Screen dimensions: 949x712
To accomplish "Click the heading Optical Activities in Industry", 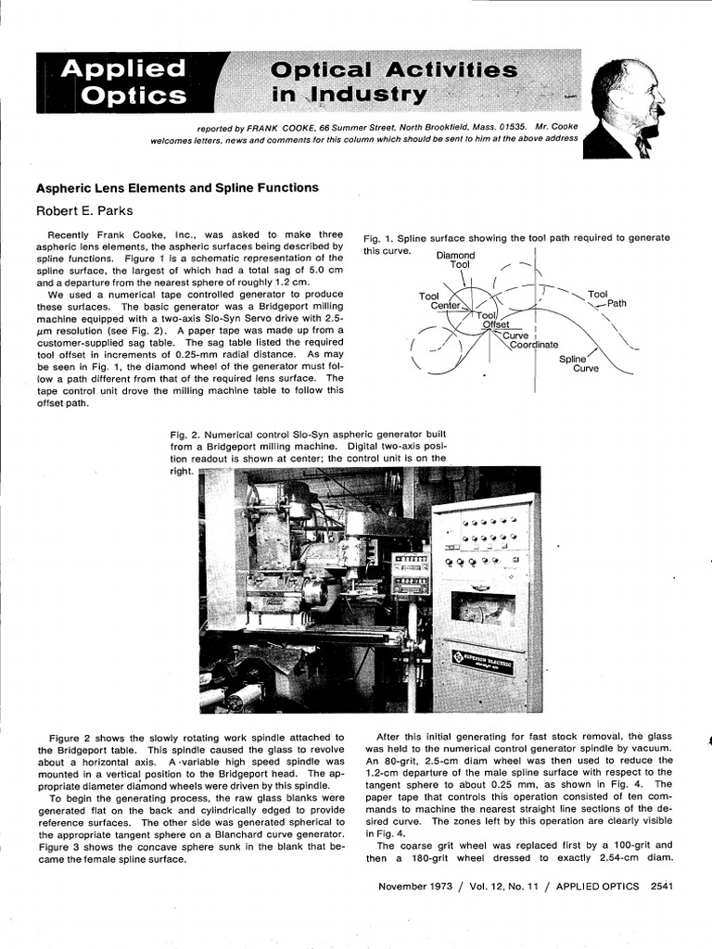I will click(x=394, y=82).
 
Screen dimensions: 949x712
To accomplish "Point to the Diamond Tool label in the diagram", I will click(x=455, y=259).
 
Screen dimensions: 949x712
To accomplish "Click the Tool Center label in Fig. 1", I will click(x=439, y=300).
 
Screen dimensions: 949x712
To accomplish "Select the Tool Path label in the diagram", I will click(x=604, y=298).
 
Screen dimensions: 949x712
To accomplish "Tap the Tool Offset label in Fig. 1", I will click(x=493, y=321).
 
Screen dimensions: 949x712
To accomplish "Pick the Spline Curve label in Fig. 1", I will click(x=578, y=362).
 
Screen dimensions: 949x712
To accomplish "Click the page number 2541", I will click(x=661, y=887).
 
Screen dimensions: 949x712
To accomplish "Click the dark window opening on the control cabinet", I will click(x=482, y=607).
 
